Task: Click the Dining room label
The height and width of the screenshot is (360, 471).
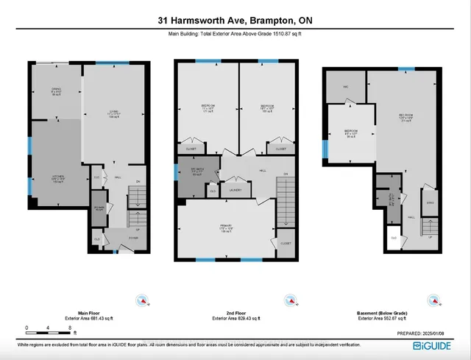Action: tap(56, 91)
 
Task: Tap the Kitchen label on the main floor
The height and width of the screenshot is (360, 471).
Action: tap(56, 178)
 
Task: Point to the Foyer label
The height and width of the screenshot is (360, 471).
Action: tap(133, 237)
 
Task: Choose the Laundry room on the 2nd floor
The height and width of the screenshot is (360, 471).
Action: tap(236, 190)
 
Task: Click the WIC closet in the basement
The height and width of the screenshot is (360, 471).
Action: tap(344, 86)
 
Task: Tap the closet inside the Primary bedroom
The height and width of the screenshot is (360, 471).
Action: tap(286, 243)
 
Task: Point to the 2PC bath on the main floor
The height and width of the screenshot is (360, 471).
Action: tap(99, 208)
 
